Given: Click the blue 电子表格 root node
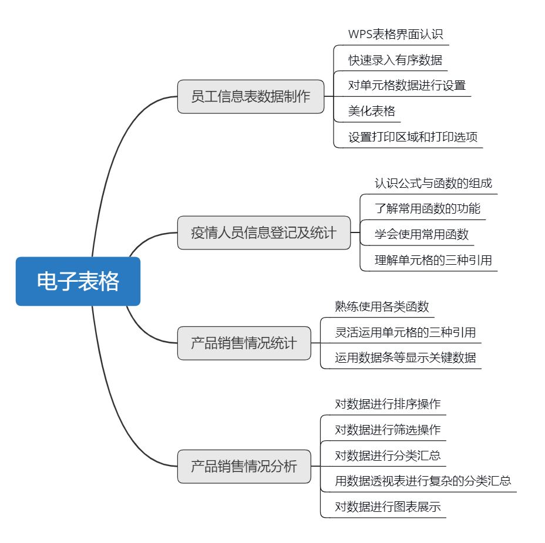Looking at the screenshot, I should [78, 281].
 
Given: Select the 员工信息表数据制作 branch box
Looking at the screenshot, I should [251, 96].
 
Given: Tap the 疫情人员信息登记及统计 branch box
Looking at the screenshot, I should [264, 232].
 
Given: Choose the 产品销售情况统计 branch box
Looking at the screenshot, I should [244, 343].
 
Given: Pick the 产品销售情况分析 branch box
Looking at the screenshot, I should [244, 467].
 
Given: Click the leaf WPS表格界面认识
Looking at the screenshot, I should [395, 34].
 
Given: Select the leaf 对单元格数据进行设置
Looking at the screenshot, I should [406, 85].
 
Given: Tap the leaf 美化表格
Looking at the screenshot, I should [372, 111].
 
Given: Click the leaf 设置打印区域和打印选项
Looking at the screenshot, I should [412, 137].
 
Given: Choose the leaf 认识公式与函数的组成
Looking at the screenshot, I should [433, 183].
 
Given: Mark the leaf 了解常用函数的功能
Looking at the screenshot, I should [427, 208].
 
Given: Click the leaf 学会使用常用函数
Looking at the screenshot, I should [421, 234].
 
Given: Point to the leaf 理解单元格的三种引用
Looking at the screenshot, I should [433, 260].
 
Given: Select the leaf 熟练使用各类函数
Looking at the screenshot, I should [382, 306].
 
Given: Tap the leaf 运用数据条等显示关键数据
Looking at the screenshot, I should [405, 357].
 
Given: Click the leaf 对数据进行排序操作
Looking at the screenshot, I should [388, 404].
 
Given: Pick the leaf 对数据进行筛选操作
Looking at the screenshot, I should [388, 429].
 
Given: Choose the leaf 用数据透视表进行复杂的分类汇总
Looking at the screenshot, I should [423, 481].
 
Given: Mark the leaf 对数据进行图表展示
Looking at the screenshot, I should [388, 507].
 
